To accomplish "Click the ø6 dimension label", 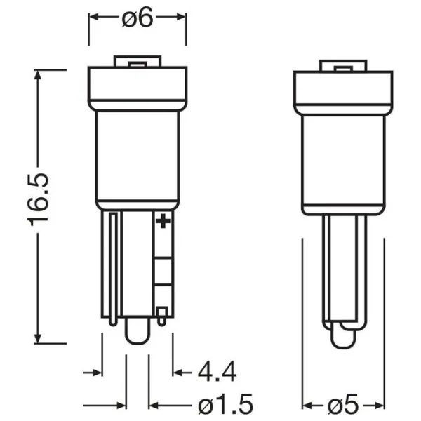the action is tap(138, 17).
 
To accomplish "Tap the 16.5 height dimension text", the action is tap(38, 200).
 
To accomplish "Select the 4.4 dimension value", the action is tap(218, 372).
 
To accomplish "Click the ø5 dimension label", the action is tap(343, 405).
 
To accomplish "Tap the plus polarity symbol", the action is tap(163, 221).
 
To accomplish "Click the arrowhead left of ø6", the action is tap(93, 17).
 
